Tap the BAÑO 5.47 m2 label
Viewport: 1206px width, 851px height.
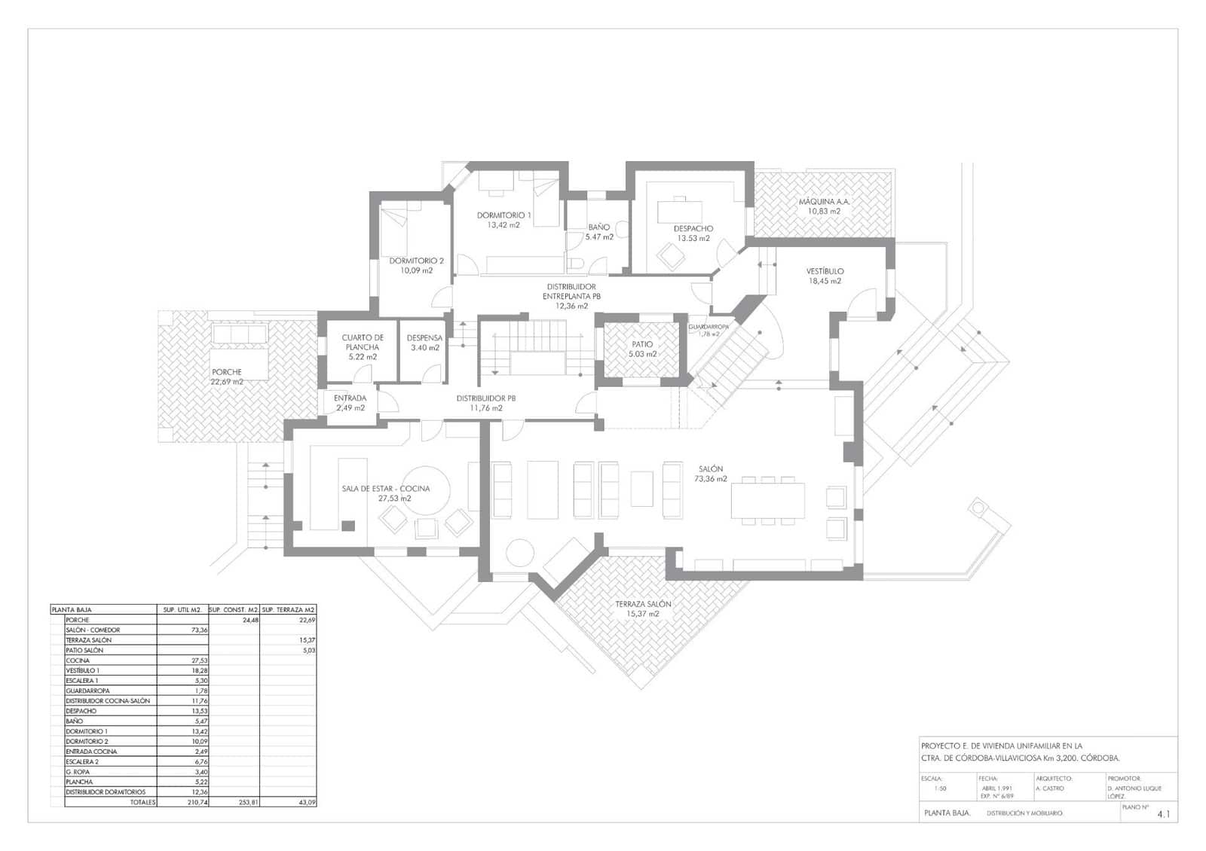(599, 232)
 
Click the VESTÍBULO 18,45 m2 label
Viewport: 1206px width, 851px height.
(825, 276)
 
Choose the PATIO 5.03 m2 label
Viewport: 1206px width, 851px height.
(642, 349)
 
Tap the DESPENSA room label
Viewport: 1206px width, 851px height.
(424, 343)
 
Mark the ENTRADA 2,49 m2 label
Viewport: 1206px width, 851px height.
(350, 403)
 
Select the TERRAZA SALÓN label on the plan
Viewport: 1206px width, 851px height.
(642, 609)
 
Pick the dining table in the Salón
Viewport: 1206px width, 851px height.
(767, 500)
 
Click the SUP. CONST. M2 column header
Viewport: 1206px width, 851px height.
(234, 609)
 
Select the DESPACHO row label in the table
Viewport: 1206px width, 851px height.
(81, 711)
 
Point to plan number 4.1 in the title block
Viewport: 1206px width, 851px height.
(1164, 814)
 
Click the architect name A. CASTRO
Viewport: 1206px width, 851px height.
(1049, 788)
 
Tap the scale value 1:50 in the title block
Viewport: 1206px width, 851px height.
(940, 788)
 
